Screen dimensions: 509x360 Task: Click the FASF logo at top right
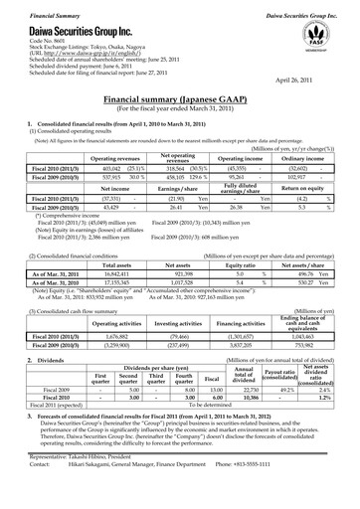316,32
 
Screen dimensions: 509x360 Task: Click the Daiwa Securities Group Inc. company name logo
61,28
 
